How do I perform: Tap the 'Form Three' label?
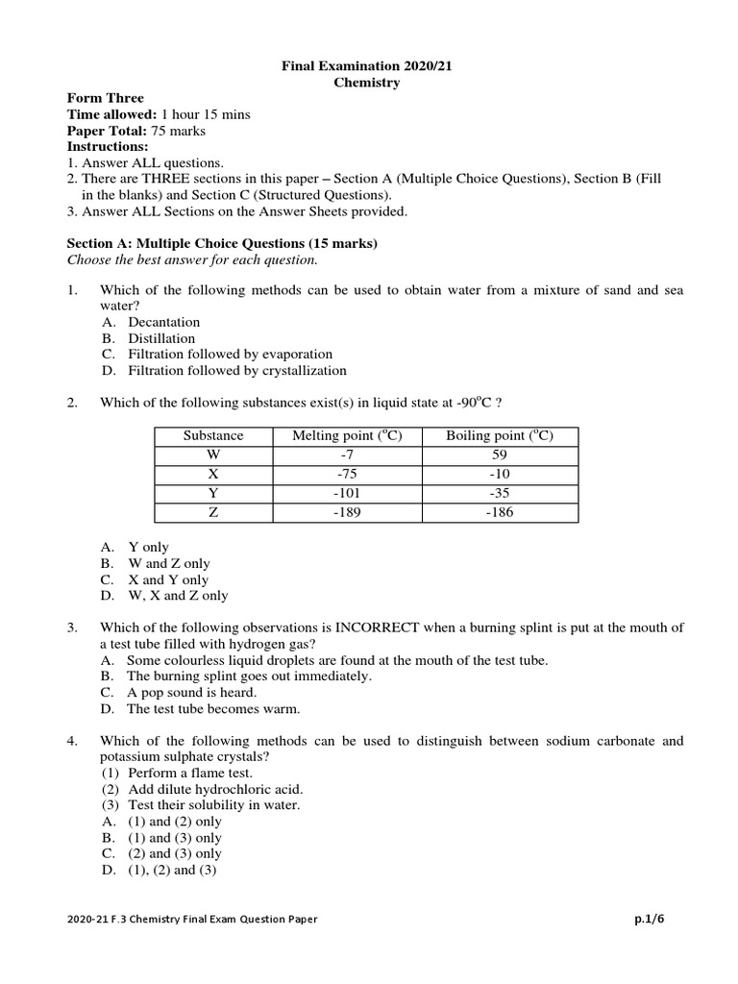(105, 98)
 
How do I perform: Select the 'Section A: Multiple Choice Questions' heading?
(222, 244)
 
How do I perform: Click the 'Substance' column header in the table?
(213, 436)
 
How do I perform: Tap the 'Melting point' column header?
(347, 436)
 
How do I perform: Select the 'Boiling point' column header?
(500, 436)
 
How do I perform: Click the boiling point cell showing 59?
(500, 455)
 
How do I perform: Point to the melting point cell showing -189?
(347, 513)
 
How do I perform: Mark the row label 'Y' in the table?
(213, 494)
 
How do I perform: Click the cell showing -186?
(500, 513)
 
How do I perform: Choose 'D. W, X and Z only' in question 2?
(164, 595)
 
